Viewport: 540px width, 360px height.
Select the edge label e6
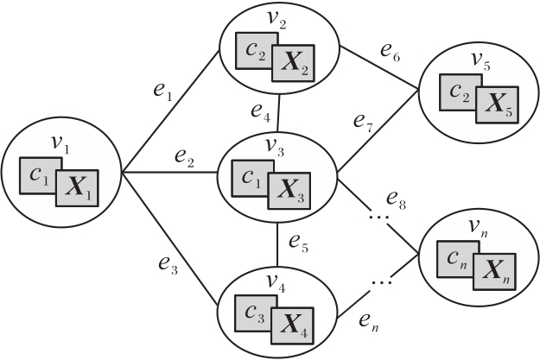pyautogui.click(x=389, y=52)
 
